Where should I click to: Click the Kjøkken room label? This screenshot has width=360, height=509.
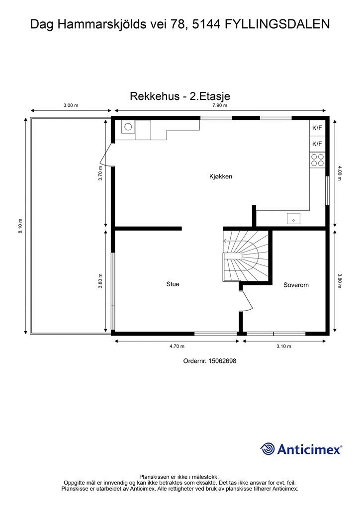click(221, 176)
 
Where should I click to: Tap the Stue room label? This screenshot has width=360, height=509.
click(173, 284)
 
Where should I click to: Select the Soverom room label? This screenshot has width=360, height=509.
click(296, 285)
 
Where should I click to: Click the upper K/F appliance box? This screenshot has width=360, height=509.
click(317, 128)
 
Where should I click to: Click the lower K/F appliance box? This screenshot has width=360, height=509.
click(317, 144)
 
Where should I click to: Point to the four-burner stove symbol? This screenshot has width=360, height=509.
click(317, 160)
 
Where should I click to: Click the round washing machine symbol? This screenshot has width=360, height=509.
click(128, 127)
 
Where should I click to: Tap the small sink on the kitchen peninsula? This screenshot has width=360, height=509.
click(293, 218)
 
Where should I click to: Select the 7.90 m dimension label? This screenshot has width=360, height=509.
click(220, 105)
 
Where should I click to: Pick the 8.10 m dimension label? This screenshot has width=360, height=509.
click(20, 226)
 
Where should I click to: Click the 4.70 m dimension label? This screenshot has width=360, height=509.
click(177, 346)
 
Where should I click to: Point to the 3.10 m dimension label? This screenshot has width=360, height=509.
click(284, 346)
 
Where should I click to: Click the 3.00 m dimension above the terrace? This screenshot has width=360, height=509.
click(71, 105)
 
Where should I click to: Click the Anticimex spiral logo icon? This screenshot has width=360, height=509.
click(268, 449)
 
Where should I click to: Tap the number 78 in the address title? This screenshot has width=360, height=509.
click(172, 23)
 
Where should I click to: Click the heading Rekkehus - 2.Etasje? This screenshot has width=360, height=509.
click(180, 96)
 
